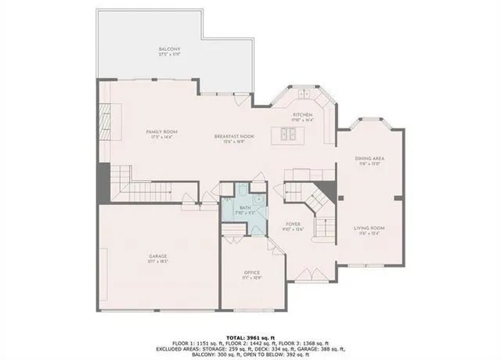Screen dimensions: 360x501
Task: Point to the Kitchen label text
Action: [302, 115]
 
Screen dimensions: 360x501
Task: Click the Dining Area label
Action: [370, 160]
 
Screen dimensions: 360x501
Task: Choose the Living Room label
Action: [370, 228]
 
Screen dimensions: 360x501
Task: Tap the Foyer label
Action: [294, 224]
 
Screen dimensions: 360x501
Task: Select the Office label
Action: [251, 272]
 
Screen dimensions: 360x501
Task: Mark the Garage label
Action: [159, 256]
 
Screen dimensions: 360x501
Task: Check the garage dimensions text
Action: [159, 262]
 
